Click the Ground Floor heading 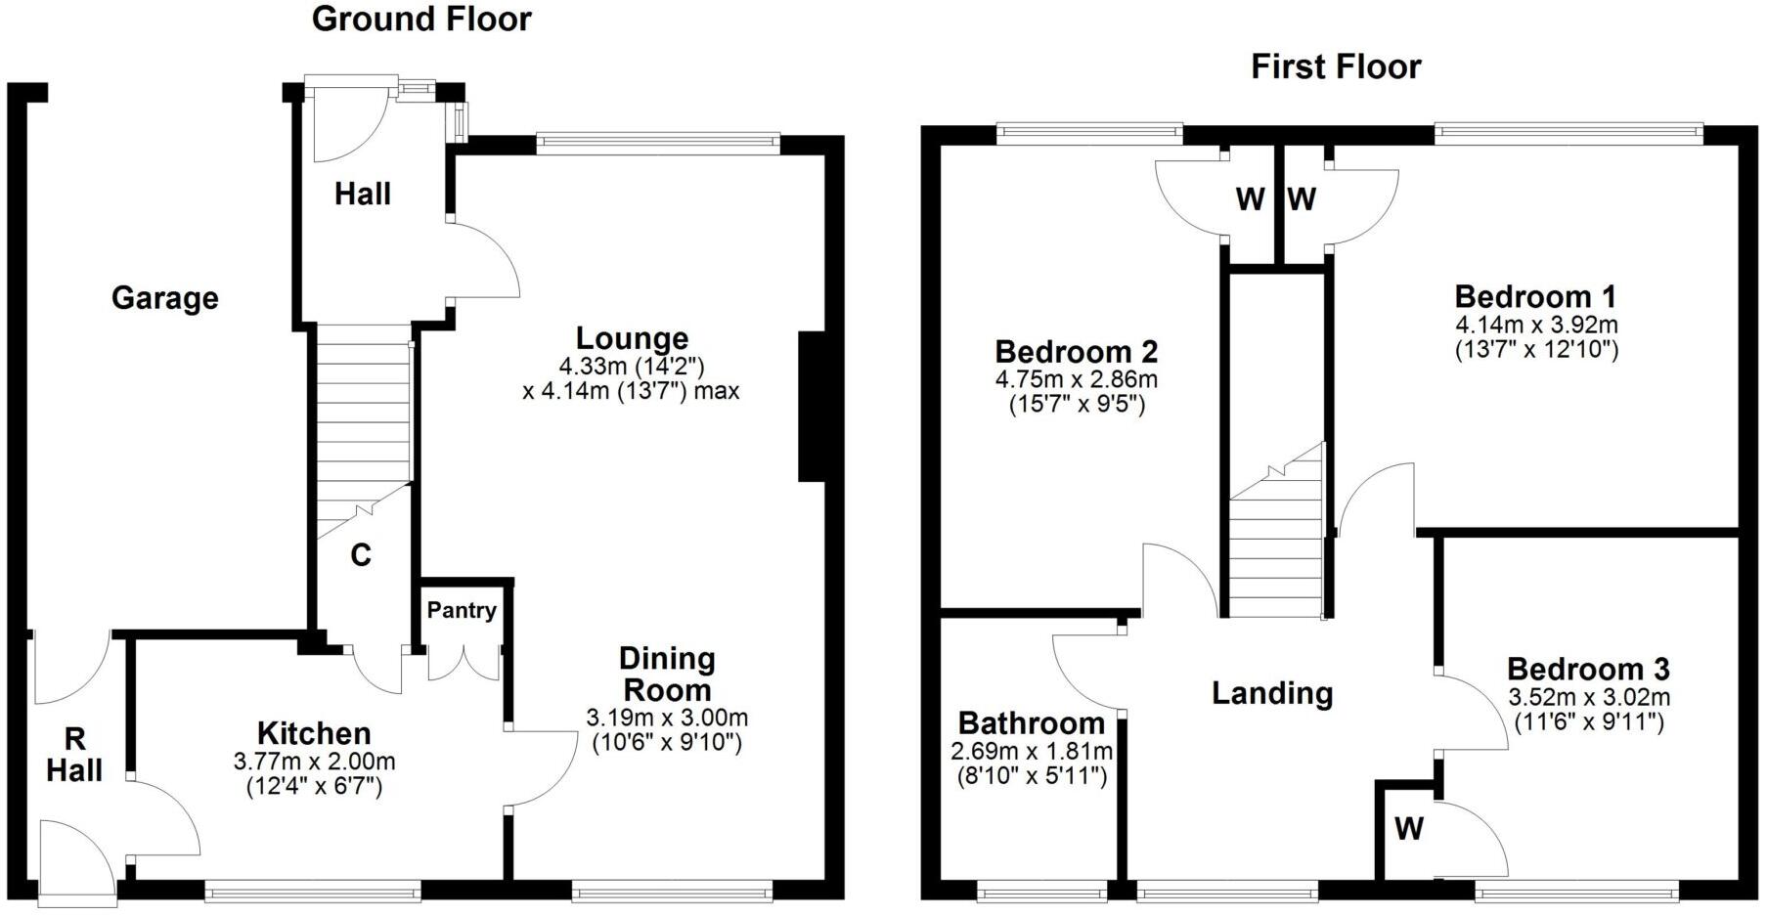click(421, 20)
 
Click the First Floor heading click(1336, 67)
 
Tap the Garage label click(164, 298)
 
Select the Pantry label click(462, 611)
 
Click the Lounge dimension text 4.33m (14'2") click(632, 367)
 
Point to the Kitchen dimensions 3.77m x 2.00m click(314, 762)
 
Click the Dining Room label click(667, 674)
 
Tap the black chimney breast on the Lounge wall click(813, 407)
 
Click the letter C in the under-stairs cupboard click(360, 556)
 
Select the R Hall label click(74, 754)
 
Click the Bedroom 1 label click(1535, 296)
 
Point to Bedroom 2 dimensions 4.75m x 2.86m click(1077, 379)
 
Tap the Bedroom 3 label click(1588, 670)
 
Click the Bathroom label click(1032, 723)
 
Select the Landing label click(1272, 693)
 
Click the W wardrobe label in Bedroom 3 click(1408, 829)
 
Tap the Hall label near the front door click(362, 194)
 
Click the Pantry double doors click(464, 663)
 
